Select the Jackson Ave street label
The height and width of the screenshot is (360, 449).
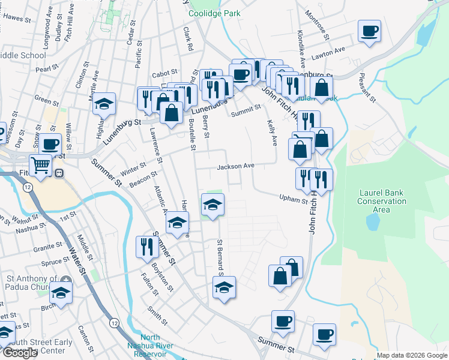pyautogui.click(x=236, y=166)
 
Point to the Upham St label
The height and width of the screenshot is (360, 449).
pyautogui.click(x=294, y=198)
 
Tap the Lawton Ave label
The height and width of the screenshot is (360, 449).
pyautogui.click(x=331, y=52)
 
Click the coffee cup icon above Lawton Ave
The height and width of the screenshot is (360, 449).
pyautogui.click(x=369, y=31)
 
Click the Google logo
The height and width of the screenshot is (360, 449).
pyautogui.click(x=19, y=353)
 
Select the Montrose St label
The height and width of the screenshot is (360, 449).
pyautogui.click(x=318, y=24)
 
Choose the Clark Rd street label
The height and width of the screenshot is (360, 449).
pyautogui.click(x=188, y=38)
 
